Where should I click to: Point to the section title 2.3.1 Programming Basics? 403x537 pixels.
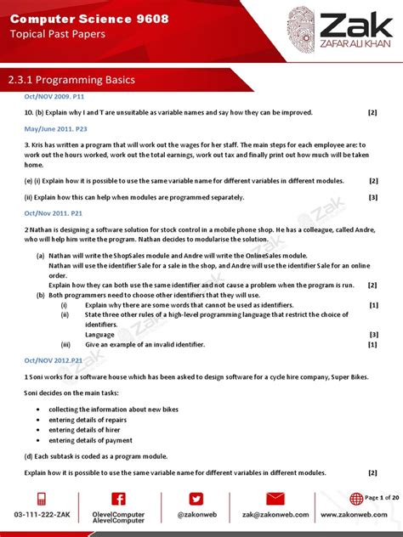click(71, 80)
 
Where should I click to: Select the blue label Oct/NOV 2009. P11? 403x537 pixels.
click(55, 98)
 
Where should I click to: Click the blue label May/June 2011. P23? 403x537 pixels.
click(56, 127)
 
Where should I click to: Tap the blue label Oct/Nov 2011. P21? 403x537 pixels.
click(54, 214)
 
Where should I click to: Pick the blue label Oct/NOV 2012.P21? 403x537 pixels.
click(54, 359)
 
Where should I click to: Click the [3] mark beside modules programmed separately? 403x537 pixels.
click(372, 197)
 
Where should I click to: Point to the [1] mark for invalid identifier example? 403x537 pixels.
click(372, 345)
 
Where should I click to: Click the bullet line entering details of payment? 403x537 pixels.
click(90, 440)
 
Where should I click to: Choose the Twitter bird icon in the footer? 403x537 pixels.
click(196, 500)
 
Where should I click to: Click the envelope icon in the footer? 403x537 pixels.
click(275, 500)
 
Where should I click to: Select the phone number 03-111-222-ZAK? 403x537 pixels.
click(42, 515)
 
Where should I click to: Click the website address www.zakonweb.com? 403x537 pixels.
click(355, 515)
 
